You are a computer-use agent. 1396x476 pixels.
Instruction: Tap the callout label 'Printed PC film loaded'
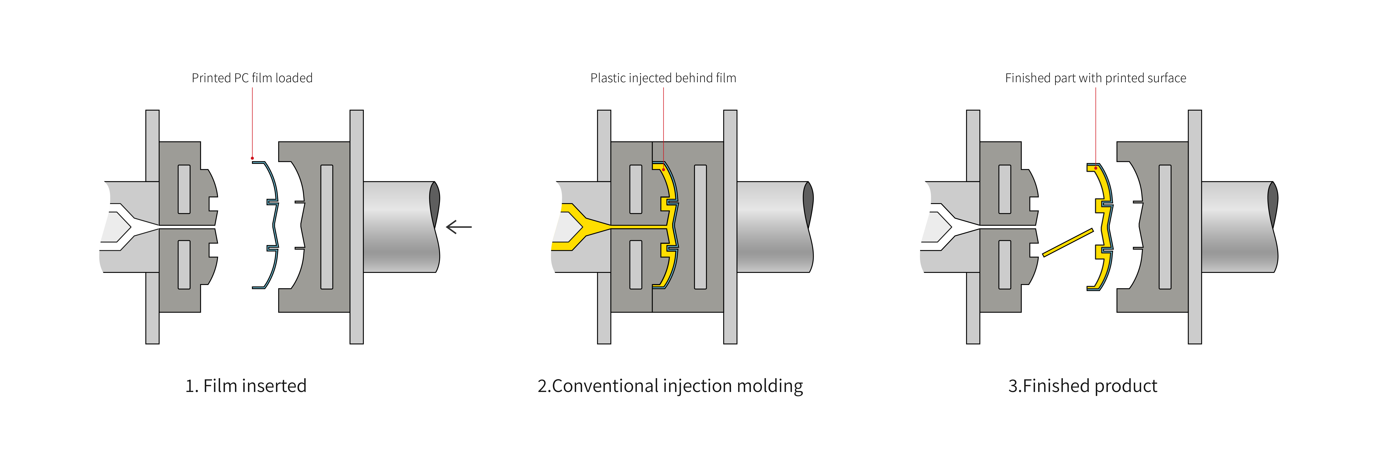(252, 78)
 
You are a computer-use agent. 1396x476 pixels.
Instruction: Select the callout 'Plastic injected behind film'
(663, 78)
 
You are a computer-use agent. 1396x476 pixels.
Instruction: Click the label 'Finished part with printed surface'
(1095, 78)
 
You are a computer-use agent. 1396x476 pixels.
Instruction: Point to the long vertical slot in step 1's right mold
(327, 227)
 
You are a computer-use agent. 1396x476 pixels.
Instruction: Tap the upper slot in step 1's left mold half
(184, 189)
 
